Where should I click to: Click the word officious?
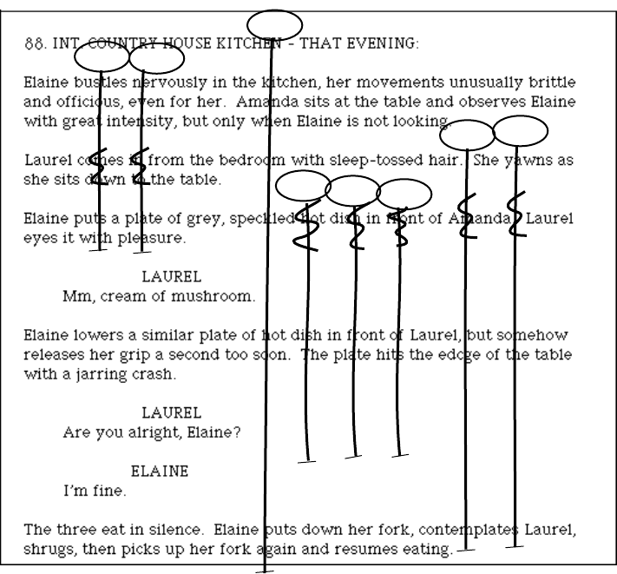click(x=86, y=102)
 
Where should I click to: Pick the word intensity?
click(x=117, y=122)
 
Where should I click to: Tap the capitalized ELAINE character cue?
click(x=160, y=472)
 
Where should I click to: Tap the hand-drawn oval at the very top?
click(x=274, y=23)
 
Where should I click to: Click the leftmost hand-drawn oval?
click(x=102, y=57)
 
